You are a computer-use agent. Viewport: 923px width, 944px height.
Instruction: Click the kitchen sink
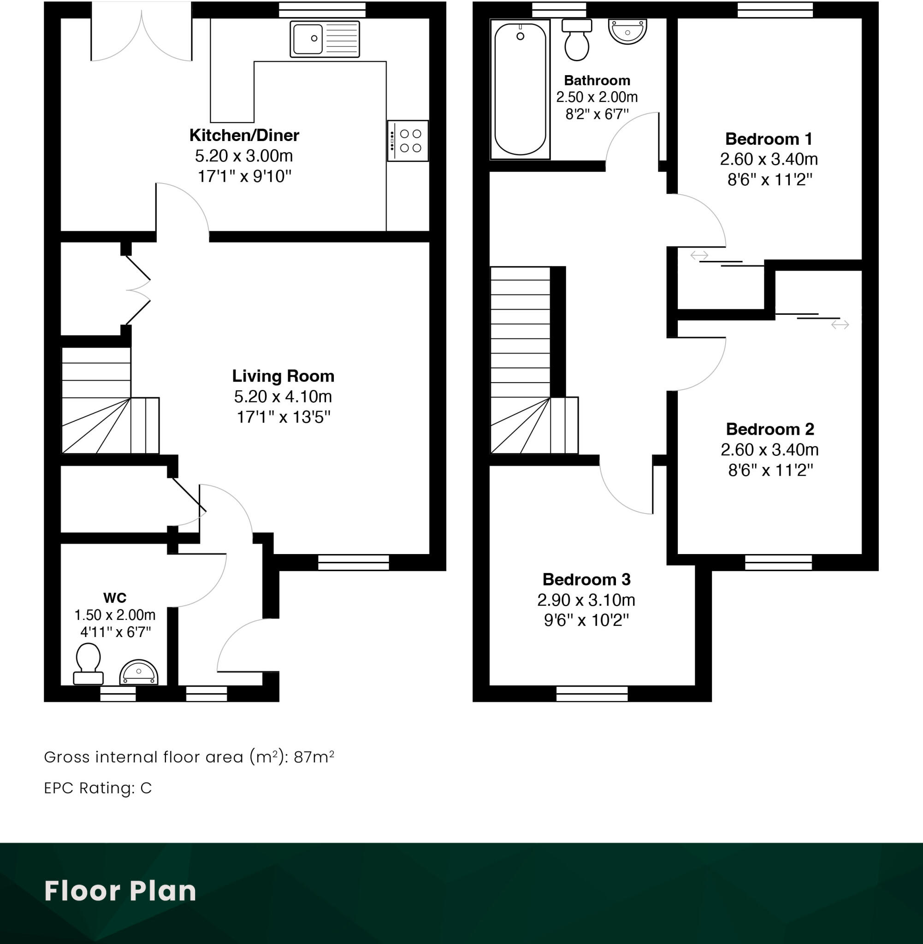tap(324, 39)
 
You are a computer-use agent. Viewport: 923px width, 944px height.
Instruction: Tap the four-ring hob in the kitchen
tap(408, 141)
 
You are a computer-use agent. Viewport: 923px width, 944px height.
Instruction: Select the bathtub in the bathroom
tap(520, 89)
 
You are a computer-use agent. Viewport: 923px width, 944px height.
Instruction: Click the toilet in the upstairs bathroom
tap(576, 41)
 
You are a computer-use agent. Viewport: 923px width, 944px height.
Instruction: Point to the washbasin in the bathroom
tap(627, 31)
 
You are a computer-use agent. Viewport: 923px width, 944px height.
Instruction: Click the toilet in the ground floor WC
tap(88, 664)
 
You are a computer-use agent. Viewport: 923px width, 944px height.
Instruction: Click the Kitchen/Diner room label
tap(244, 135)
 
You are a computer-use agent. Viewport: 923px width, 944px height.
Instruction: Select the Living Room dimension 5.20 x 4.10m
tap(283, 396)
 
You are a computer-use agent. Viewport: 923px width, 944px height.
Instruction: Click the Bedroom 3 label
tap(586, 579)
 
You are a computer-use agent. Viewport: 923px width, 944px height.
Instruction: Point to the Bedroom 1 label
tap(769, 139)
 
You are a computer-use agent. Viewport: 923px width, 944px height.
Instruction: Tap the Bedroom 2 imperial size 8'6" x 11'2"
tap(770, 470)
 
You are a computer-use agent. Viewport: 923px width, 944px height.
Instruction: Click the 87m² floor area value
tap(314, 756)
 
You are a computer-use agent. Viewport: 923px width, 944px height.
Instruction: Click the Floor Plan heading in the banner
tap(120, 891)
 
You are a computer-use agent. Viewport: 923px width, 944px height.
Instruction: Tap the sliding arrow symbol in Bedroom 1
tap(699, 255)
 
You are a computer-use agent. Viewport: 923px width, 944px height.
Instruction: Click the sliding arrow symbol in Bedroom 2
tap(840, 324)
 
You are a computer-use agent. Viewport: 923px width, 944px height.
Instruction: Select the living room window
tap(354, 562)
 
